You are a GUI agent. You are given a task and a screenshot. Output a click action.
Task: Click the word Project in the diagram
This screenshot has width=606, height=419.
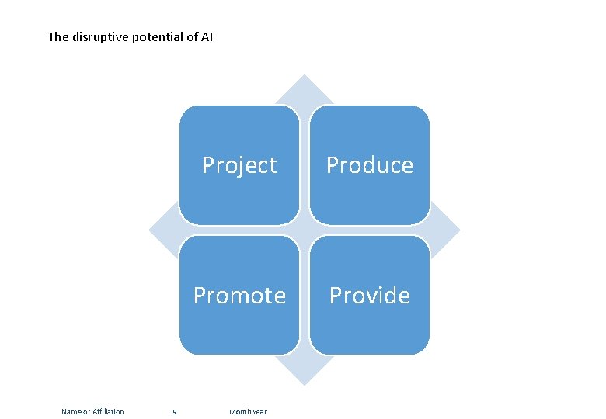[239, 165]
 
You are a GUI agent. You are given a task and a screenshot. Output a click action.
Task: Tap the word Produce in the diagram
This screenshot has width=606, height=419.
[369, 165]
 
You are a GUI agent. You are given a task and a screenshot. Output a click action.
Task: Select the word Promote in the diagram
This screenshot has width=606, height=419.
[239, 296]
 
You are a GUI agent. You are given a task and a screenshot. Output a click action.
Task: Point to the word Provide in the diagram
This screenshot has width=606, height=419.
[369, 296]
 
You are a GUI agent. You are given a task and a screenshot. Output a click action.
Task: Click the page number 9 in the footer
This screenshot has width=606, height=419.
[174, 412]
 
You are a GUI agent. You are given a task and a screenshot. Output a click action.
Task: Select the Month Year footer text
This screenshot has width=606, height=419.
[248, 412]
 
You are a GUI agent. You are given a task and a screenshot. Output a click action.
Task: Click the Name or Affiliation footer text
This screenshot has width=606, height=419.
[92, 412]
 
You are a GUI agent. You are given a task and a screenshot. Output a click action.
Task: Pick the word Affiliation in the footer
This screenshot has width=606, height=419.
[108, 412]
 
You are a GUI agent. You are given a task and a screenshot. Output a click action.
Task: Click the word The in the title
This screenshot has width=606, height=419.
[57, 36]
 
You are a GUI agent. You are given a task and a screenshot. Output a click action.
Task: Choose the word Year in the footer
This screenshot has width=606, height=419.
[259, 412]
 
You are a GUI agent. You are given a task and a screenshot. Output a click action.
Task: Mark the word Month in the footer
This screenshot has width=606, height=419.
[239, 412]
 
